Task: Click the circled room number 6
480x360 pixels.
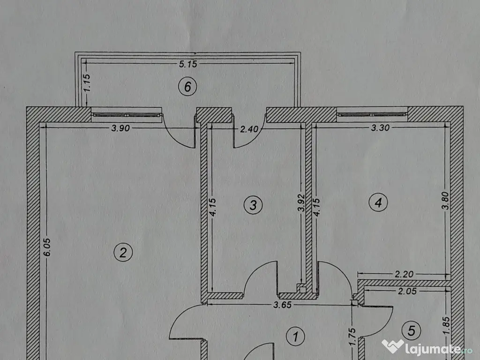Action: [187, 87]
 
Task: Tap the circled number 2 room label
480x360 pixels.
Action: [123, 253]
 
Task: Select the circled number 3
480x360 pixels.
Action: [253, 205]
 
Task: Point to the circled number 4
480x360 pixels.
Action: [378, 202]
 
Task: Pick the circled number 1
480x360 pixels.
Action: [295, 336]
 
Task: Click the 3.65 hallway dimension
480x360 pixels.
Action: [282, 305]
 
